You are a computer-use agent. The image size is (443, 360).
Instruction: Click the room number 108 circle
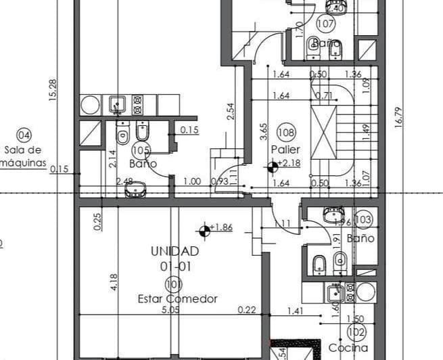tap(286, 133)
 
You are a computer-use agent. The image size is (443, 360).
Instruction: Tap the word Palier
tap(285, 149)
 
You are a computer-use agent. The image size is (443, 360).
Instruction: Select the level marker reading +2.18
tap(289, 163)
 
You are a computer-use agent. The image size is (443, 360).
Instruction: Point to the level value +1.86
tap(220, 228)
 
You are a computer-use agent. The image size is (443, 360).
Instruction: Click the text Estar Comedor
tap(177, 298)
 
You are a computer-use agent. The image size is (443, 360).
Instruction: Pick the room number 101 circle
tap(173, 284)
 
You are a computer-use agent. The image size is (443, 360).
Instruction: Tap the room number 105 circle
tap(142, 150)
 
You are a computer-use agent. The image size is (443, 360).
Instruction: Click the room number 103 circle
tap(363, 220)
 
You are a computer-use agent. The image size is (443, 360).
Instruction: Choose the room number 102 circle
tap(356, 332)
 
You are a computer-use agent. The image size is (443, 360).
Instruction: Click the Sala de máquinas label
tap(23, 156)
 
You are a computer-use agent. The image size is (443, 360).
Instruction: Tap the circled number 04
tap(24, 135)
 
